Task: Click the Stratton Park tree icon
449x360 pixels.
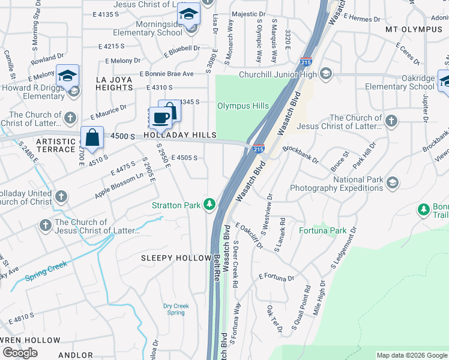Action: tap(209, 205)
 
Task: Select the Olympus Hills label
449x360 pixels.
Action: tap(243, 106)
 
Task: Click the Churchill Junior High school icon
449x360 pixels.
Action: tap(326, 74)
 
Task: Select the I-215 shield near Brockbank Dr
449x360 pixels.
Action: tap(258, 148)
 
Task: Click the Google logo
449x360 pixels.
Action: tap(20, 352)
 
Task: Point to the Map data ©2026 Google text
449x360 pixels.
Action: tap(411, 355)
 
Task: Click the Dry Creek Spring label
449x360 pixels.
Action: tap(176, 309)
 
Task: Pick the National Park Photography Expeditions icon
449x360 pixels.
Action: tap(392, 182)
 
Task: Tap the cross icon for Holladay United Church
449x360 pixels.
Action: tap(61, 196)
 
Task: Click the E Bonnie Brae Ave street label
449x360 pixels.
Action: tap(166, 74)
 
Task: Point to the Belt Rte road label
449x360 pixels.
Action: tap(217, 267)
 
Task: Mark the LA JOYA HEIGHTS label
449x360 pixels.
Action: tap(114, 83)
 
